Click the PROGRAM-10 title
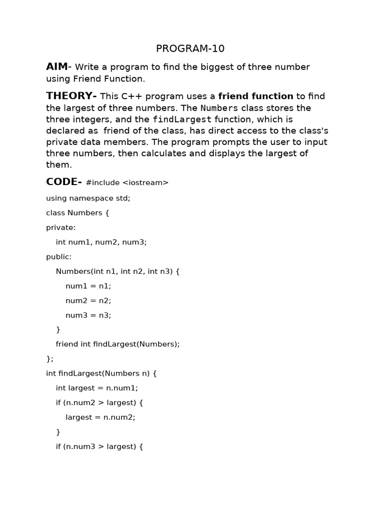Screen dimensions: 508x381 [x=190, y=48]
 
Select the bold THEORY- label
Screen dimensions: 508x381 [x=71, y=96]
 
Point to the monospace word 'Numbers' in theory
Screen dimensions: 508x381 [x=219, y=108]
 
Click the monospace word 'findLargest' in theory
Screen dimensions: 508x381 [x=182, y=119]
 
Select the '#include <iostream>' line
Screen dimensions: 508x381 [x=127, y=183]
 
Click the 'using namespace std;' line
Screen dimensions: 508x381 [x=88, y=198]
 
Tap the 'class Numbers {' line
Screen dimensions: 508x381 [x=77, y=213]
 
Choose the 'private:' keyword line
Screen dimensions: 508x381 [x=61, y=227]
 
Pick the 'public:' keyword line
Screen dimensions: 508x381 [x=59, y=256]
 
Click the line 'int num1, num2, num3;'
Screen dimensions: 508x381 [x=101, y=242]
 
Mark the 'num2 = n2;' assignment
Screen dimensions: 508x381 [x=88, y=300]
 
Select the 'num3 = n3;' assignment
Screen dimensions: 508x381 [x=88, y=315]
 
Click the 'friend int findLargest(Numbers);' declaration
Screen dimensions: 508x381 [x=118, y=344]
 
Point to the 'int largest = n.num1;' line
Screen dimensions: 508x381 [x=97, y=388]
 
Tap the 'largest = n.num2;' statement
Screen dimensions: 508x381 [x=100, y=417]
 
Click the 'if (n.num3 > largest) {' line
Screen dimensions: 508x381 [x=99, y=446]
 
